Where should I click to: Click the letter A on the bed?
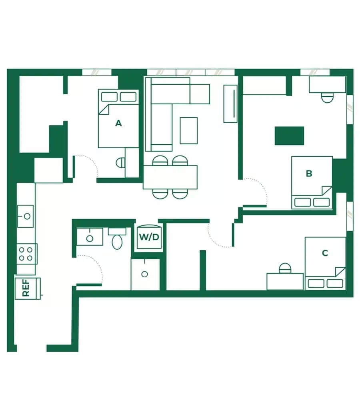(x=118, y=123)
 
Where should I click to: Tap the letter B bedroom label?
(x=309, y=173)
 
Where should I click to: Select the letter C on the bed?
(x=325, y=253)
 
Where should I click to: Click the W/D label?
(x=149, y=237)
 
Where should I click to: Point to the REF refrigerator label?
(x=26, y=288)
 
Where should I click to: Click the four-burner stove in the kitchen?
(x=27, y=254)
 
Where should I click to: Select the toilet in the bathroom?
(x=117, y=239)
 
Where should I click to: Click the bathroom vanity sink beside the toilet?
(x=90, y=237)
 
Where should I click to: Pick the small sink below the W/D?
(x=145, y=274)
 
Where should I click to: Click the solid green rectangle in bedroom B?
(x=289, y=136)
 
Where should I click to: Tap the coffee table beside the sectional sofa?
(x=188, y=130)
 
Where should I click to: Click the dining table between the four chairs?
(x=170, y=177)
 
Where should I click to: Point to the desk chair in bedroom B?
(x=327, y=97)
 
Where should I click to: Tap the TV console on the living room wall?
(x=230, y=104)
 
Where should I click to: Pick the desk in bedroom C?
(x=285, y=281)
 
